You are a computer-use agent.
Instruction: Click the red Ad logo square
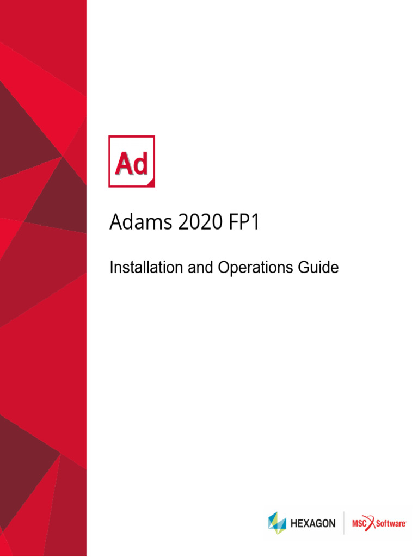click(x=132, y=161)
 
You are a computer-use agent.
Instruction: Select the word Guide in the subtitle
click(x=318, y=268)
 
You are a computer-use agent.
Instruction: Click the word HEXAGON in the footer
click(x=312, y=523)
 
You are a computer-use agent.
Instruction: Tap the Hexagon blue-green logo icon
click(x=277, y=523)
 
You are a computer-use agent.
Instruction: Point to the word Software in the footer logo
click(x=390, y=523)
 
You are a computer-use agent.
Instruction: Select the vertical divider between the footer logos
click(x=343, y=523)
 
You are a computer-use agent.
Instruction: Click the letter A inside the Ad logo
click(x=124, y=164)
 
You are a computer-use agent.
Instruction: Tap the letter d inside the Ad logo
click(x=140, y=164)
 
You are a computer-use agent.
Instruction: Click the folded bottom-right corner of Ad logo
click(x=151, y=183)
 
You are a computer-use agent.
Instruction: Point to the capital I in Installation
click(x=112, y=268)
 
